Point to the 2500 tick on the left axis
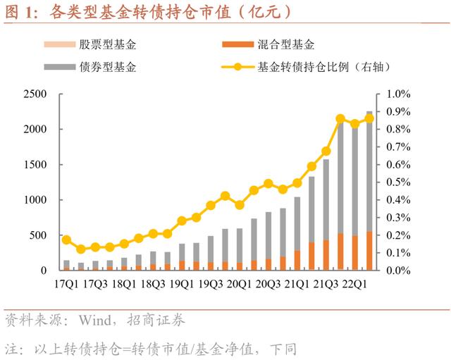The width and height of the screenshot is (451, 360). (x=35, y=94)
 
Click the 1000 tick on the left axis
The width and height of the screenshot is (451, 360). (x=35, y=200)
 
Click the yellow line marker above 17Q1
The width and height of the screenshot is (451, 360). (x=66, y=240)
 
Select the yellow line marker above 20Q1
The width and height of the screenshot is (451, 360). (x=240, y=205)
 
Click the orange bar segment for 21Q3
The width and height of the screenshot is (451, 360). (x=326, y=254)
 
